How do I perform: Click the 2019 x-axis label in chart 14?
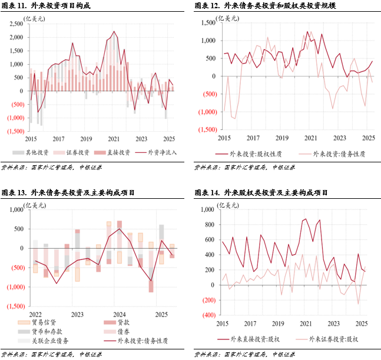278,324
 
